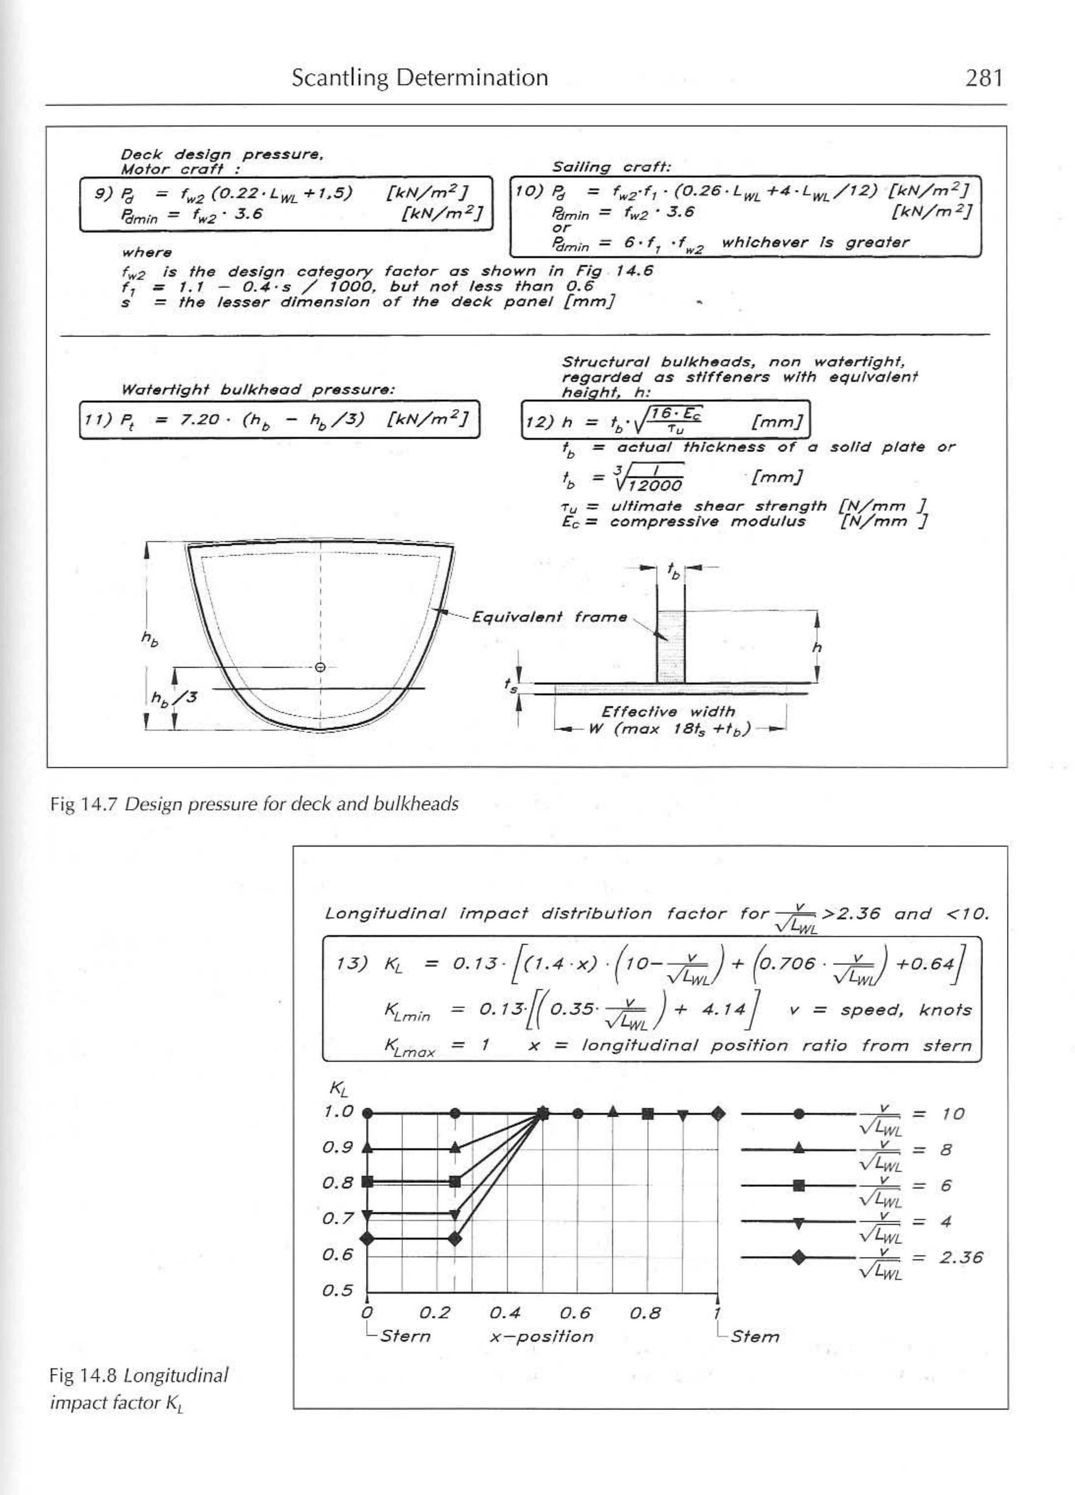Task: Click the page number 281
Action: pos(983,79)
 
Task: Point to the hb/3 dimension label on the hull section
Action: pos(173,697)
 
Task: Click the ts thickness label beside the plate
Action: pos(510,686)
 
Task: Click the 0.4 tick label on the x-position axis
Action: pos(505,1313)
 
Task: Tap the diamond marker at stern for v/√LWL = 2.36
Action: pos(368,1238)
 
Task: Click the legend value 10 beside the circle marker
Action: pos(952,1114)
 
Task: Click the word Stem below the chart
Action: pos(755,1337)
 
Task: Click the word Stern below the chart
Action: pos(405,1337)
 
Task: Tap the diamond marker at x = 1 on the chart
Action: pos(718,1114)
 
